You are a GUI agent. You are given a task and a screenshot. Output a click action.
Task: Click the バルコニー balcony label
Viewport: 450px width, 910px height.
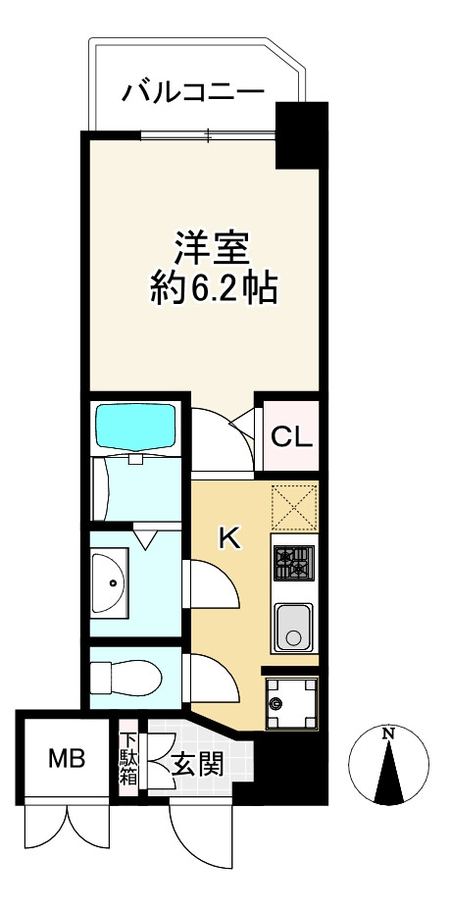pos(193,92)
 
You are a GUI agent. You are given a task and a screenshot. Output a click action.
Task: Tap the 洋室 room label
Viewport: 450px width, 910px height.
pos(212,248)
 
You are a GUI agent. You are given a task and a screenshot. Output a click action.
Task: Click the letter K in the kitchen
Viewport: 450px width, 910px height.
pos(228,539)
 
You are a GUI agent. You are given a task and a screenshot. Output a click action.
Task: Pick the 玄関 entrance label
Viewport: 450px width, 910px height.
pos(197,766)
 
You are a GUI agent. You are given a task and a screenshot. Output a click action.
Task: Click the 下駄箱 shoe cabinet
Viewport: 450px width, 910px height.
pos(128,760)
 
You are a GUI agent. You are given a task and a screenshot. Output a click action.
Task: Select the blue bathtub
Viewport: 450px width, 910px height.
pos(135,427)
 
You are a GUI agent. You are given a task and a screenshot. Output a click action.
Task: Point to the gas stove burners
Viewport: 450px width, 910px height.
pos(293,562)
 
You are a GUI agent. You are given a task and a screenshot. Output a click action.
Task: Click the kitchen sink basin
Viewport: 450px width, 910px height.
pos(294,627)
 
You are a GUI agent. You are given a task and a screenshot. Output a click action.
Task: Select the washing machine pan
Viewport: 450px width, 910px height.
pos(291,703)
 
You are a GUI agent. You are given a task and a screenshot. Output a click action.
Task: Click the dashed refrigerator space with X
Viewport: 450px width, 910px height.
pos(294,509)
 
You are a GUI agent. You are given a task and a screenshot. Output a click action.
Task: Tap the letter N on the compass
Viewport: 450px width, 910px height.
pos(388,733)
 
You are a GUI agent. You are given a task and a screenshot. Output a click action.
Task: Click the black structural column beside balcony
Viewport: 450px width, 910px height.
pos(302,135)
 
